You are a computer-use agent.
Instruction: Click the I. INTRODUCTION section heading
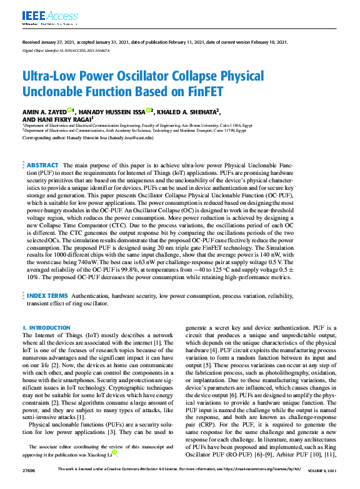(46, 328)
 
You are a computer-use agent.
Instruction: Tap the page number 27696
(29, 485)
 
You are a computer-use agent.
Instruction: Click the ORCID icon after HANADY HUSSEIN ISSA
(149, 111)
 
